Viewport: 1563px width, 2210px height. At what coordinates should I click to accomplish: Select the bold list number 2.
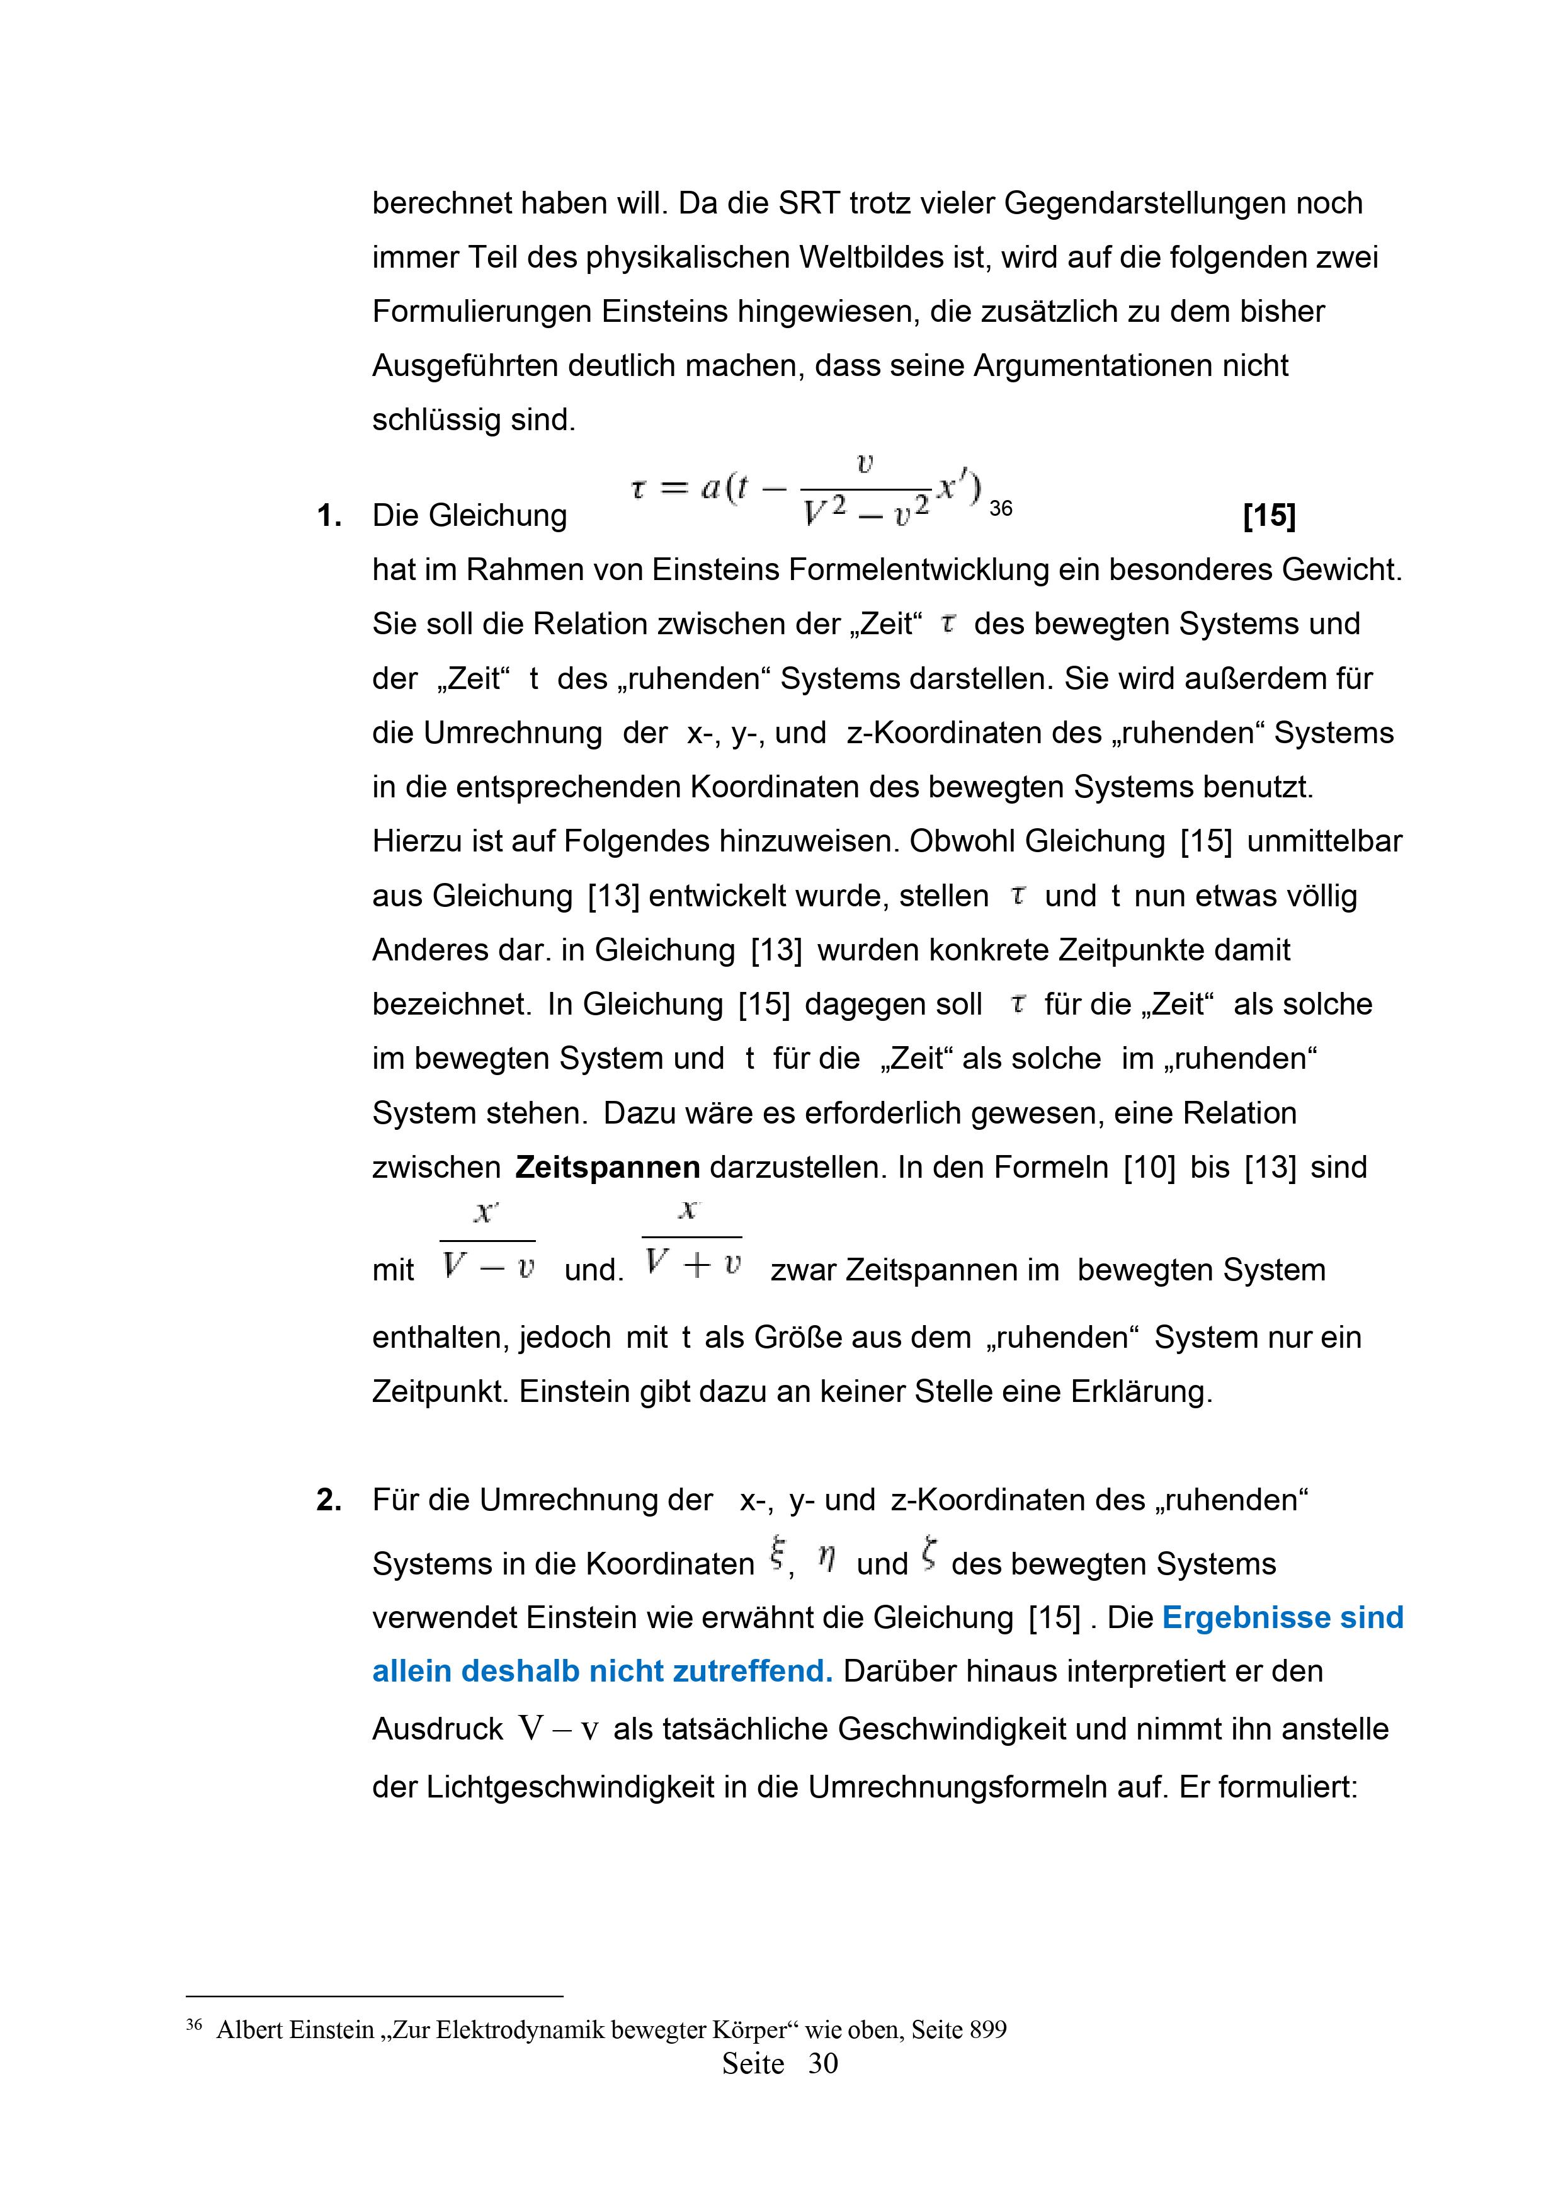[x=329, y=1500]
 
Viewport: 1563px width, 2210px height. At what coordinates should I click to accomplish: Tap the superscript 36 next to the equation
[x=1001, y=508]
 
